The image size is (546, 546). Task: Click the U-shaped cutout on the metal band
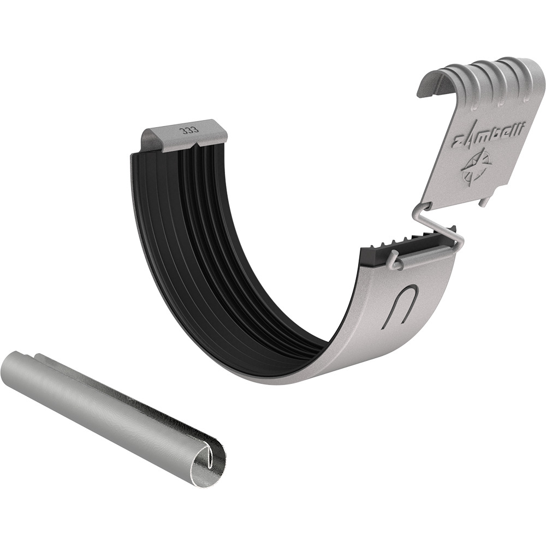400,305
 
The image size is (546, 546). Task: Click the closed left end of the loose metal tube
10,365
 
